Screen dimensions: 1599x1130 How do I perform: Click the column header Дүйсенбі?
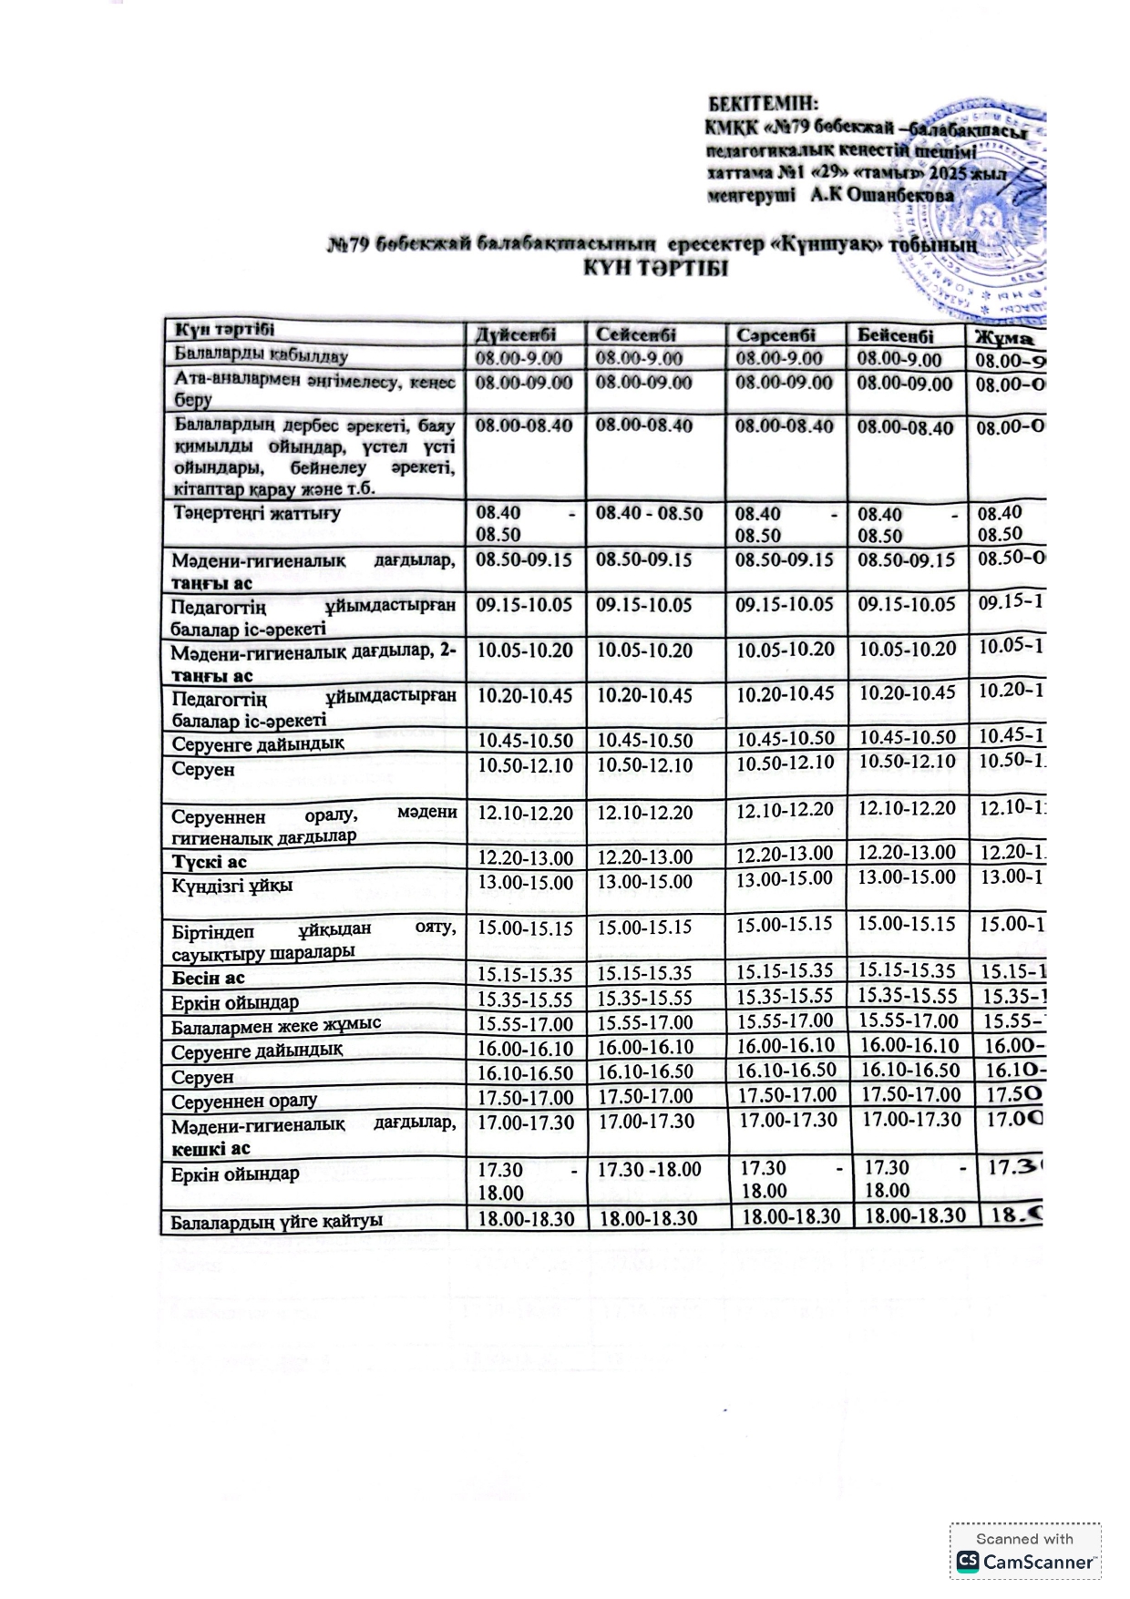(x=516, y=334)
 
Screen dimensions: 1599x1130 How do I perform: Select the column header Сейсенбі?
(x=635, y=334)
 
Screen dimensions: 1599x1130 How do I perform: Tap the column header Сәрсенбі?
(x=776, y=335)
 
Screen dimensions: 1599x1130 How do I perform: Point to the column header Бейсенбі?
(x=895, y=335)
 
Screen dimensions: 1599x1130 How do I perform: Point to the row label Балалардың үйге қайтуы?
(x=276, y=1221)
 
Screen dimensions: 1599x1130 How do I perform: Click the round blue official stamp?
(x=984, y=219)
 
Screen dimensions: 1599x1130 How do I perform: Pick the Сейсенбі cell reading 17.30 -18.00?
(x=649, y=1170)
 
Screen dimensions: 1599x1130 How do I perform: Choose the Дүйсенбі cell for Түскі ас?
(x=525, y=858)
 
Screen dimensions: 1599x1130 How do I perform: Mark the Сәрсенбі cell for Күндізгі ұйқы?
(x=784, y=879)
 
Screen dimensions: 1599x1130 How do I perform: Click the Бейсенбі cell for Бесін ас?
(x=906, y=970)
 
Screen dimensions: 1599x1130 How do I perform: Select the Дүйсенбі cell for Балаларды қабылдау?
(x=519, y=358)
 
